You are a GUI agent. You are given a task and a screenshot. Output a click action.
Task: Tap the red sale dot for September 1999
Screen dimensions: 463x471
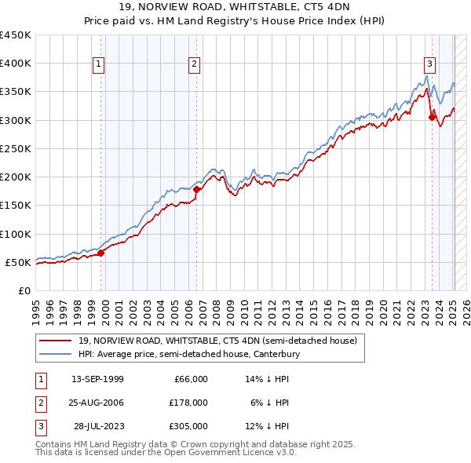click(101, 253)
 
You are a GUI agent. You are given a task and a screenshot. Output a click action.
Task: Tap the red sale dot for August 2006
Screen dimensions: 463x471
click(197, 189)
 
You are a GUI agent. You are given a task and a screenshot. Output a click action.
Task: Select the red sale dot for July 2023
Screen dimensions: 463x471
click(432, 118)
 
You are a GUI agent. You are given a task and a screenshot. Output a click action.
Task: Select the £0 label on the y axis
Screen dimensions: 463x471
click(25, 290)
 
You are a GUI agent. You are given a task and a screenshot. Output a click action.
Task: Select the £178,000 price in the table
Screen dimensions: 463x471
click(189, 403)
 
